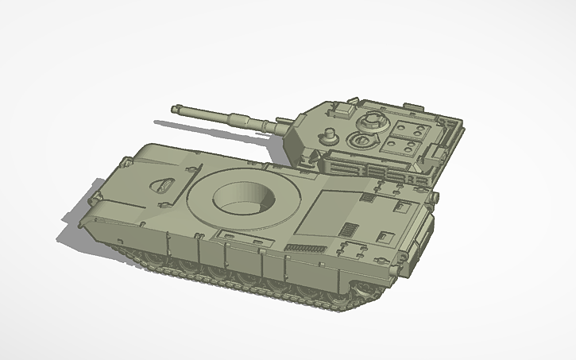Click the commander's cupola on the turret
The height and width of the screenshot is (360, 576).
[x=370, y=122]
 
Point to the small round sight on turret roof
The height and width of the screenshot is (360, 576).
[x=327, y=134]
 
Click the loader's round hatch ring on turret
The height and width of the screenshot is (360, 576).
[x=361, y=141]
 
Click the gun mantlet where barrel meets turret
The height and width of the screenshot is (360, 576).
[x=283, y=126]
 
